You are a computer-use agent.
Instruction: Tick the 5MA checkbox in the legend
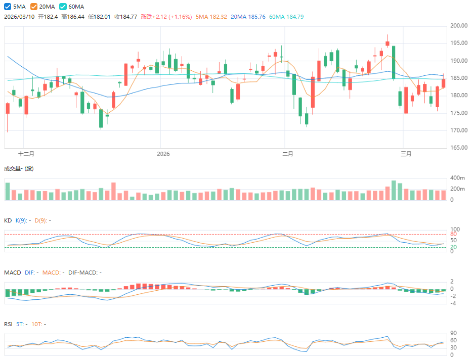[x=8, y=7]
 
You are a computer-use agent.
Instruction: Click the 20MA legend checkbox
[x=34, y=7]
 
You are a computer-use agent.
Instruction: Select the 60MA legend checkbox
[x=63, y=7]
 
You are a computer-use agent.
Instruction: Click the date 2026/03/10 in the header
[x=20, y=17]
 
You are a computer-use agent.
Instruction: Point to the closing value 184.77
[x=126, y=17]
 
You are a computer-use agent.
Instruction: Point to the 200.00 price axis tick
[x=458, y=26]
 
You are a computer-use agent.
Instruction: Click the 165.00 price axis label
[x=458, y=148]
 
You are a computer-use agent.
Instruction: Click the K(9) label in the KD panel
[x=22, y=220]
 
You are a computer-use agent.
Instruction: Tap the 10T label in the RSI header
[x=36, y=324]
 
